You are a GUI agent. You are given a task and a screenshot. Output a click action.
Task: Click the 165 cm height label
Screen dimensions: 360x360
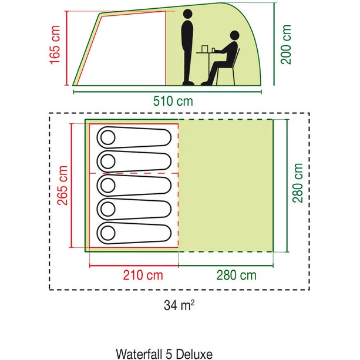(x=55, y=48)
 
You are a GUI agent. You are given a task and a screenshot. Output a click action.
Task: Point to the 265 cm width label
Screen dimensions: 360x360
(x=62, y=185)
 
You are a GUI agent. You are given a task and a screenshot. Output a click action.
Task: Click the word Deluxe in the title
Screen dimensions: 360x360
(x=196, y=354)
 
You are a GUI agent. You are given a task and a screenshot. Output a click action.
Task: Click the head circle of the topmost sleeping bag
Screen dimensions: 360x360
(x=107, y=138)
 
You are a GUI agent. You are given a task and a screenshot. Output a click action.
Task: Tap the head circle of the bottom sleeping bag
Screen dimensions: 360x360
(x=107, y=232)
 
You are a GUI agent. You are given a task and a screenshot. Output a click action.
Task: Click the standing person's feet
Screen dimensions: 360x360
(x=188, y=83)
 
